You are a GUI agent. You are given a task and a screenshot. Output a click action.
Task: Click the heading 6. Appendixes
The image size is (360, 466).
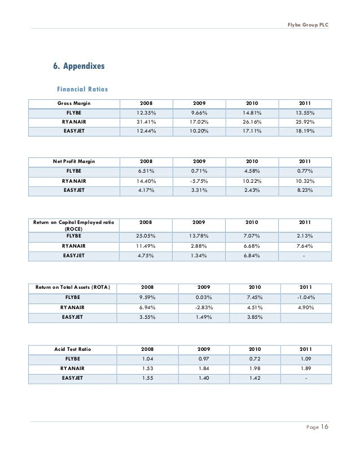click(x=79, y=66)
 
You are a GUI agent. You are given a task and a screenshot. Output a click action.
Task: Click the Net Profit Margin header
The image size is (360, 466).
click(x=74, y=161)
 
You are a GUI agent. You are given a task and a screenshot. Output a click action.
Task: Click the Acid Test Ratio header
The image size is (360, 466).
click(x=74, y=349)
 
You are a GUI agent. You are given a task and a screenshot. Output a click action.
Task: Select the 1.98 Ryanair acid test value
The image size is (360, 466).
click(x=256, y=368)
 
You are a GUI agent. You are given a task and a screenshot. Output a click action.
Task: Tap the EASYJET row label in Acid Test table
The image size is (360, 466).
click(x=72, y=378)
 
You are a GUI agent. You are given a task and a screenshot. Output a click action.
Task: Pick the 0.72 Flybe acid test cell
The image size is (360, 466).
click(x=256, y=359)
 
